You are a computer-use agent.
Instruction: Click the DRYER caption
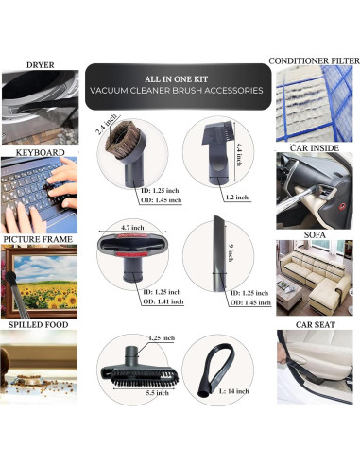40,64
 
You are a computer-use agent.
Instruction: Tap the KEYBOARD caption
40,151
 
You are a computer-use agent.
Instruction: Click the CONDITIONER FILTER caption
314,60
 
